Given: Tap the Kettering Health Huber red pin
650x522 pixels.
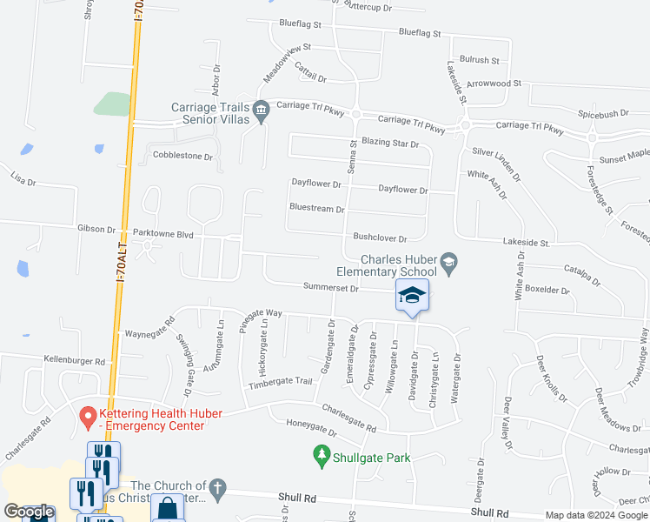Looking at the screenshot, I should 87,418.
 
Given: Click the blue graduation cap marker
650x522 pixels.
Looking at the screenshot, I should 413,296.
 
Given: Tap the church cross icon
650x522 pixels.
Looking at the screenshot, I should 218,490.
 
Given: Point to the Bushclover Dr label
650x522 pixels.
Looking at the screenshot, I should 380,237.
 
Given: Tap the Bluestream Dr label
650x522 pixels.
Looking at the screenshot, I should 317,209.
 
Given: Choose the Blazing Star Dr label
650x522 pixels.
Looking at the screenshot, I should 390,144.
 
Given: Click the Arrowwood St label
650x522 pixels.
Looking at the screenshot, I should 492,84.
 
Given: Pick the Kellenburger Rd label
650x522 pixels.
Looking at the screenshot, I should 75,360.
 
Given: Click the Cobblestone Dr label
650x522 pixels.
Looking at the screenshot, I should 182,157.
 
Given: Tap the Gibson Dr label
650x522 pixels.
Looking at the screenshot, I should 96,230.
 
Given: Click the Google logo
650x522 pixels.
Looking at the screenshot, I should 29,512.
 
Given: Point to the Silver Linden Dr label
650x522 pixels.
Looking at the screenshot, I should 496,163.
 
